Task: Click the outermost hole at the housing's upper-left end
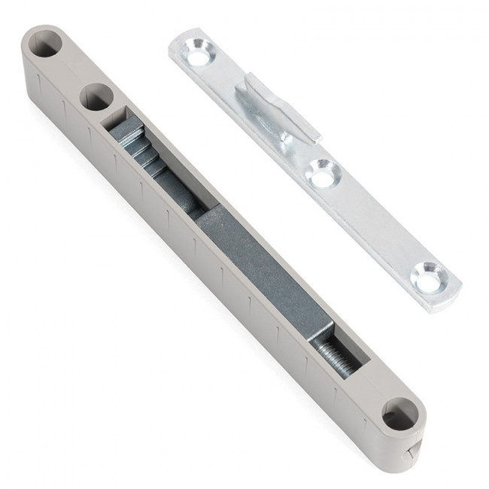tap(46, 45)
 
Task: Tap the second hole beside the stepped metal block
tap(96, 97)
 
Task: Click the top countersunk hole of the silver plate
tap(199, 55)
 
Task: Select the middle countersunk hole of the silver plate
tap(323, 175)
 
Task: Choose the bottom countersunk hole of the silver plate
tap(431, 278)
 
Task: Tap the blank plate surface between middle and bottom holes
tap(376, 226)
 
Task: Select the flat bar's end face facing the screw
tap(320, 332)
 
